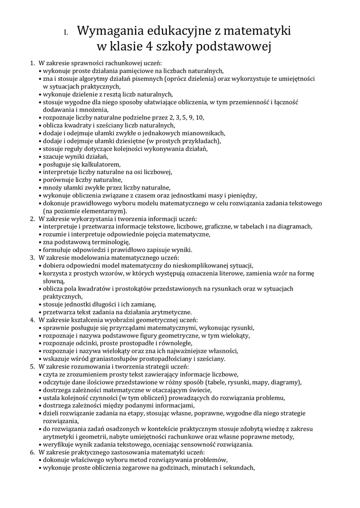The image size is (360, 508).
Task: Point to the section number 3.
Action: point(32,257)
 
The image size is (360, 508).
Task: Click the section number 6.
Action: point(32,452)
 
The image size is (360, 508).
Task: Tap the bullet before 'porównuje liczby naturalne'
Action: point(40,180)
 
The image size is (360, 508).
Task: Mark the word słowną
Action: point(53,281)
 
